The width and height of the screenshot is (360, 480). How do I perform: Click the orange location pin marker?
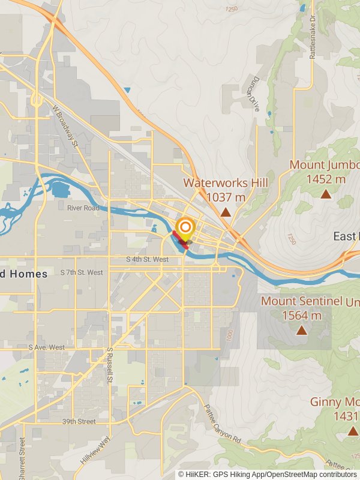pos(185,227)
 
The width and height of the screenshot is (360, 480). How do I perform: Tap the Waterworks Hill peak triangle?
pos(225,212)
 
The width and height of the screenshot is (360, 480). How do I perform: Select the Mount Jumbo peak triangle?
pos(326,193)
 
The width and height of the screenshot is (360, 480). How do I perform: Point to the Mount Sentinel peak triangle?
pos(301,329)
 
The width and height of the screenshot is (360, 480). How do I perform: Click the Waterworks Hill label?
pos(225,182)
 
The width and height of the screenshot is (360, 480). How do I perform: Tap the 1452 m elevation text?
pos(326,178)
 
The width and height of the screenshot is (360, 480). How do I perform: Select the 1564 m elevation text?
pos(302,315)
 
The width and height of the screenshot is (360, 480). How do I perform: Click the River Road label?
pos(83,208)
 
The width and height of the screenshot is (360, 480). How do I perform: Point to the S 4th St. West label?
pos(148,260)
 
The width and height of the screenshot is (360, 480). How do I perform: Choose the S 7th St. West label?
pos(82,272)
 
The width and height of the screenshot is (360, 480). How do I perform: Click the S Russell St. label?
pos(110,365)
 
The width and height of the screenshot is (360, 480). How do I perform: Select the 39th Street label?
pos(79,422)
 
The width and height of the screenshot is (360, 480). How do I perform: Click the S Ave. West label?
pos(46,347)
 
